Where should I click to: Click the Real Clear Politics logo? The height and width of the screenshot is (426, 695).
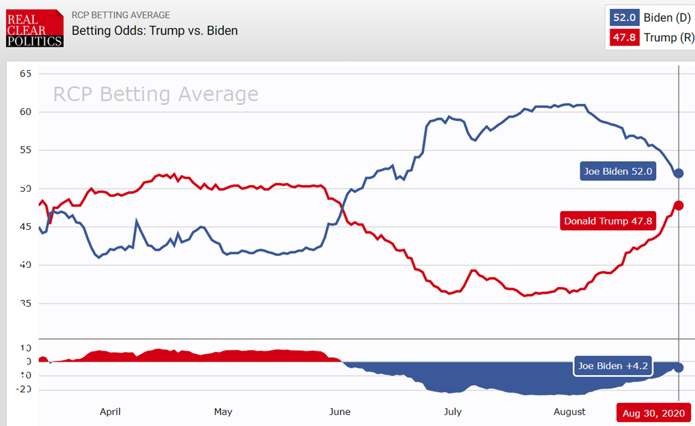coord(35,28)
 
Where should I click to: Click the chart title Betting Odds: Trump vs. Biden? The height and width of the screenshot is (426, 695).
coord(155,31)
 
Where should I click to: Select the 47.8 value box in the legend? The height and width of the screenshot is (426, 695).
coord(624,38)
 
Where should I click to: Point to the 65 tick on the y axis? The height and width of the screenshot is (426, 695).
coord(26,73)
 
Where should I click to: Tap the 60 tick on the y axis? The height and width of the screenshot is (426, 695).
coord(26,111)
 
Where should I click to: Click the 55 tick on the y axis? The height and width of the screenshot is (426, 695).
coord(26,150)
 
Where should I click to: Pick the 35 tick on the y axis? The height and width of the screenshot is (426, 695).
coord(26,303)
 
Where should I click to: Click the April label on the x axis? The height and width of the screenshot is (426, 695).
coord(110,411)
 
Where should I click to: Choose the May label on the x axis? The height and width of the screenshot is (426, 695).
coord(223,411)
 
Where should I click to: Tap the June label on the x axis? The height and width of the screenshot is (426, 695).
coord(339,411)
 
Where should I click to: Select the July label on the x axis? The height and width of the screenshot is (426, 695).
coord(453,411)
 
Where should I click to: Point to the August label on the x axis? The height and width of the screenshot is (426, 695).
coord(569,411)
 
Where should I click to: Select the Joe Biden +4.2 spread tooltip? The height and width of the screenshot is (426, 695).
coord(613,366)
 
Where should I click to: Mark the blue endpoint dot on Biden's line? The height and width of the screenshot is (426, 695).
coord(678,174)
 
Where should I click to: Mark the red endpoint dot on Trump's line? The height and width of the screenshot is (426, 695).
coord(678,206)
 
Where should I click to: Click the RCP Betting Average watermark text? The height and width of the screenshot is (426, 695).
coord(155,94)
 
